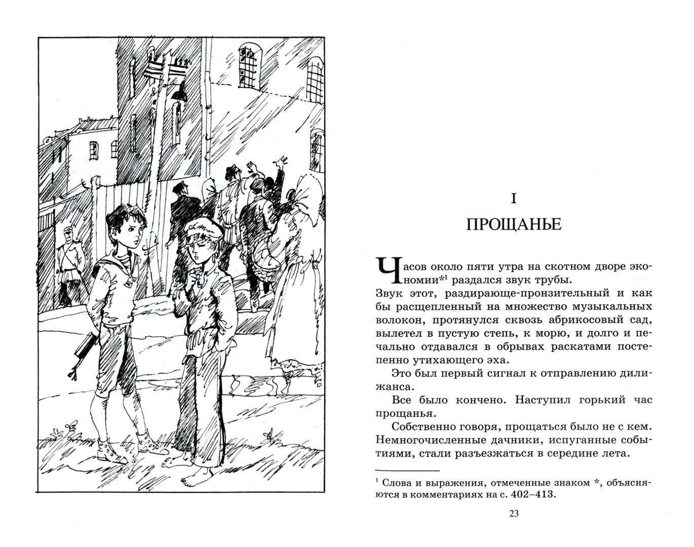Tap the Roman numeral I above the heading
pyautogui.click(x=513, y=199)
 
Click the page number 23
pyautogui.click(x=513, y=514)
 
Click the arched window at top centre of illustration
pyautogui.click(x=248, y=64)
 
